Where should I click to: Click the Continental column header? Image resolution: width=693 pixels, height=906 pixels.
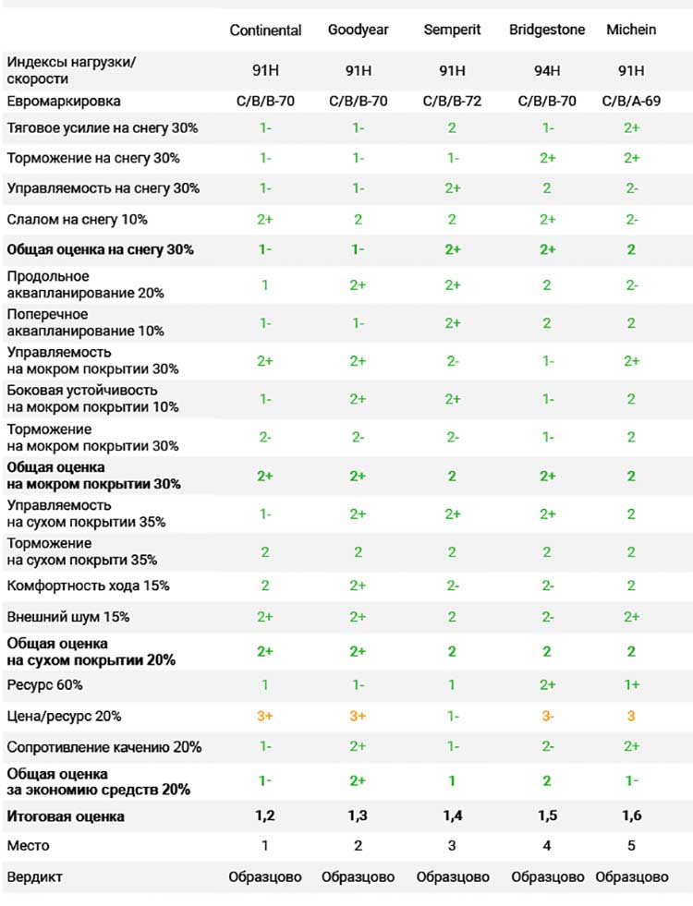(x=265, y=30)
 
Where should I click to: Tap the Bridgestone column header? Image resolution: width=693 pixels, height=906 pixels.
(x=547, y=30)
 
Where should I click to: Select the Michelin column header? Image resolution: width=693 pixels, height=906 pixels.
(x=631, y=30)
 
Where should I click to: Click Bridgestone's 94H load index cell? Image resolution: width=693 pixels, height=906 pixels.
(x=547, y=70)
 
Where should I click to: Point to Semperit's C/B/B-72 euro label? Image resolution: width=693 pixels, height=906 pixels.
(x=452, y=101)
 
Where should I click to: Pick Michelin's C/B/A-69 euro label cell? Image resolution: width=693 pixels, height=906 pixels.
(x=631, y=101)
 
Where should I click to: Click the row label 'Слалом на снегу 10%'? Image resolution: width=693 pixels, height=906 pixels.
(x=77, y=220)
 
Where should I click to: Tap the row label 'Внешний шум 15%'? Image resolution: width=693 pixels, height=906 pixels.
(x=68, y=617)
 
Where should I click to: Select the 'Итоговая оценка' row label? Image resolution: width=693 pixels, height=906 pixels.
(x=66, y=816)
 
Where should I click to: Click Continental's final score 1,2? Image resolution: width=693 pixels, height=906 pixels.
(x=264, y=815)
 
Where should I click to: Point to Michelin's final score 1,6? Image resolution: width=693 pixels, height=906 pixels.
(x=631, y=815)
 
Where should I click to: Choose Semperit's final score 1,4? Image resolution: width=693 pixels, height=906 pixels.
(x=452, y=815)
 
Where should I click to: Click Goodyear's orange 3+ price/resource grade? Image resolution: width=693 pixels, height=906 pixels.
(x=358, y=716)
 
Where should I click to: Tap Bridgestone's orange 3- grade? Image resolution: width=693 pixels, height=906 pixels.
(x=547, y=716)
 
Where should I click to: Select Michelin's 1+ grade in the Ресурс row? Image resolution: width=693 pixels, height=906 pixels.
(x=631, y=684)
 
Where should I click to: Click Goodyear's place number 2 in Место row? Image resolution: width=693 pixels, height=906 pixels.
(x=358, y=846)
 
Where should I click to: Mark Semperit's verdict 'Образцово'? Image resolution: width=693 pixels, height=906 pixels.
(x=453, y=877)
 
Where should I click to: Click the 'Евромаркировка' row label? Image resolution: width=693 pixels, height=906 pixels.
(x=64, y=102)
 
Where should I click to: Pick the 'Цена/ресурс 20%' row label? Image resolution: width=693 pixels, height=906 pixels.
(x=64, y=717)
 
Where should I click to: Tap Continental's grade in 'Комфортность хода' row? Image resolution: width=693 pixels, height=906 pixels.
(x=264, y=586)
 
